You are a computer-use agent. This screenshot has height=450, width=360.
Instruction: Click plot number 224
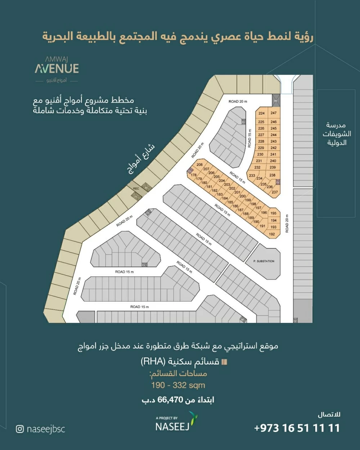(261, 113)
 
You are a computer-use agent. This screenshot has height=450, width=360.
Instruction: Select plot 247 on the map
(274, 113)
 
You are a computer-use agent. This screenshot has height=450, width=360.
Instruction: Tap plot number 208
(199, 165)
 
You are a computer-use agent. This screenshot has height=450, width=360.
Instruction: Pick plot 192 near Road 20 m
(272, 234)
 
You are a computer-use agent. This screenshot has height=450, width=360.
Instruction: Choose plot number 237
(275, 192)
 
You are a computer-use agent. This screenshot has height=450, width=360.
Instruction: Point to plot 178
(194, 175)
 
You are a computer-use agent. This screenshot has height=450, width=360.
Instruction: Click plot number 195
(274, 213)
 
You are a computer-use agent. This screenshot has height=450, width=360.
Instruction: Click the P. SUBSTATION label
(264, 261)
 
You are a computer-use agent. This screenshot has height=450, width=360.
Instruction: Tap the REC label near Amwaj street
(136, 189)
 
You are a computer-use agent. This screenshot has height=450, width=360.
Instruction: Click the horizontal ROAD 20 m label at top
(238, 102)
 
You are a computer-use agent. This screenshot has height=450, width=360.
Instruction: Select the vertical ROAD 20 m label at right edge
(287, 223)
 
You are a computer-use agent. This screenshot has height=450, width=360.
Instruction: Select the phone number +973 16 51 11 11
(297, 428)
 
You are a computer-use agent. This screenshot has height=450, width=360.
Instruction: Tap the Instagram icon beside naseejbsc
(20, 429)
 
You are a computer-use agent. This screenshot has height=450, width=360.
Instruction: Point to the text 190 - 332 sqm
(178, 385)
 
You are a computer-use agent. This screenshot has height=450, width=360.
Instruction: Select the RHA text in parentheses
(153, 361)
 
